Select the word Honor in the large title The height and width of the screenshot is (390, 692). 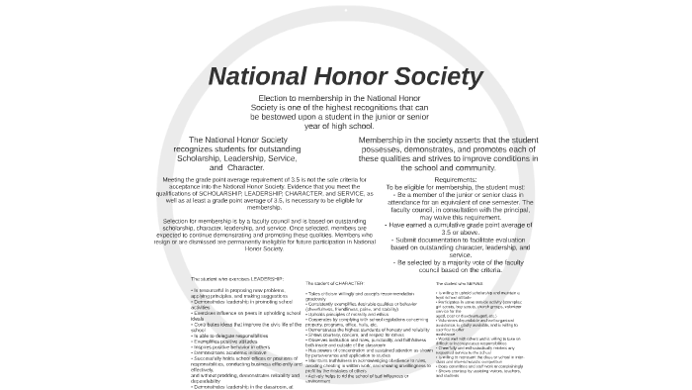[x=355, y=76]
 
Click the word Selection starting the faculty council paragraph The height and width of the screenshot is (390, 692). [x=180, y=221]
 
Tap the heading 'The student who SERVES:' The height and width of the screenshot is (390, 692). [x=461, y=283]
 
